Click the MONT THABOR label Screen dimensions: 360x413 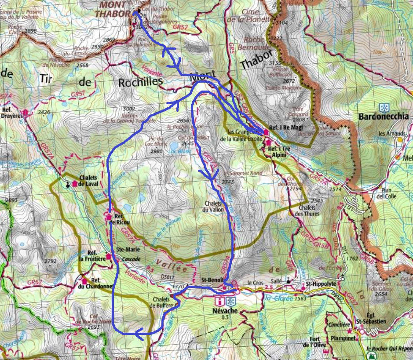pyautogui.click(x=116, y=9)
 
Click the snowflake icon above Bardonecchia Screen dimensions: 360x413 pyautogui.click(x=384, y=108)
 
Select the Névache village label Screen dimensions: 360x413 pyautogui.click(x=226, y=310)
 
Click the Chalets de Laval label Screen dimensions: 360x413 pyautogui.click(x=88, y=181)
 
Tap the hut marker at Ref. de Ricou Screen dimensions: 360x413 pyautogui.click(x=108, y=217)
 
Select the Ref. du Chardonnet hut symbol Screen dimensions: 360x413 pyautogui.click(x=84, y=280)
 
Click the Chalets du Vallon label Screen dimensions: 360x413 pyautogui.click(x=214, y=207)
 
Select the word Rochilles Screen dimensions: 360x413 pyautogui.click(x=141, y=81)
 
